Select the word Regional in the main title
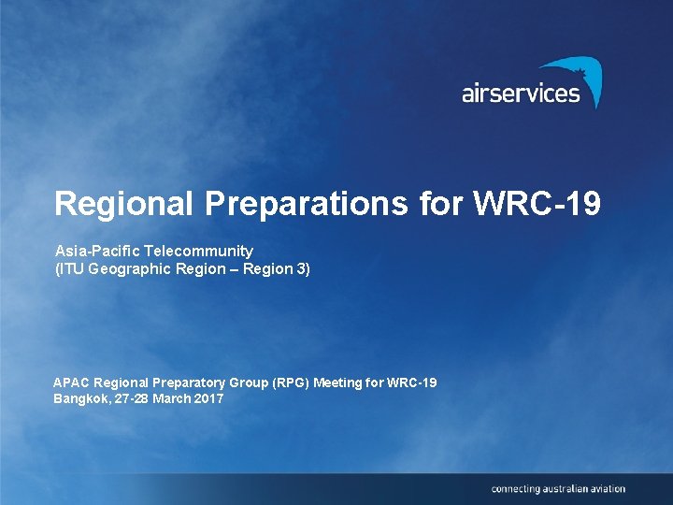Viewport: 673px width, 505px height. click(x=114, y=204)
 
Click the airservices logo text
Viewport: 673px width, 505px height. click(x=520, y=94)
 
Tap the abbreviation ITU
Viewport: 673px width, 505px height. click(x=71, y=269)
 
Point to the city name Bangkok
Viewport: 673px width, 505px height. click(x=80, y=398)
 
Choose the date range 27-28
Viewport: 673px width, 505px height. click(x=132, y=398)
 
